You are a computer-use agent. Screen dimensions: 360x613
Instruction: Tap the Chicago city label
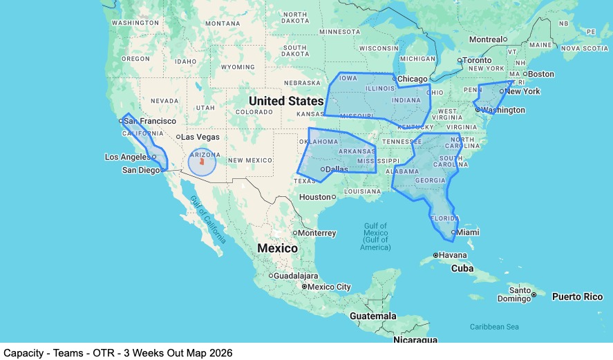413,79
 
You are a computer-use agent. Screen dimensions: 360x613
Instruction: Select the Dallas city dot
323,169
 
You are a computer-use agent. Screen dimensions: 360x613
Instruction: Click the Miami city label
468,233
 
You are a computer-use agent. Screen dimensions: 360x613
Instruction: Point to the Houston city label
314,197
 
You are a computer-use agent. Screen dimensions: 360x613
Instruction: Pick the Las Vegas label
200,137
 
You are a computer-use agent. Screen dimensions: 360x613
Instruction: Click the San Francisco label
150,121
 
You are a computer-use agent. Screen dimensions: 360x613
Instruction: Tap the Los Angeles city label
127,157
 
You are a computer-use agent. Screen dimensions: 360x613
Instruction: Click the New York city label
522,91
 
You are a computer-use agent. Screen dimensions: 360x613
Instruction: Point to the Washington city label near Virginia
503,110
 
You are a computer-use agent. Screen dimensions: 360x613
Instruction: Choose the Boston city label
541,74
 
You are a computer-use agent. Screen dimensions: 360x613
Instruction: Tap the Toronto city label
478,60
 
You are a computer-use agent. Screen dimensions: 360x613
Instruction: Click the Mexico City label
330,287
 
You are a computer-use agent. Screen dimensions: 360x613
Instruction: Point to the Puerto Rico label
577,296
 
